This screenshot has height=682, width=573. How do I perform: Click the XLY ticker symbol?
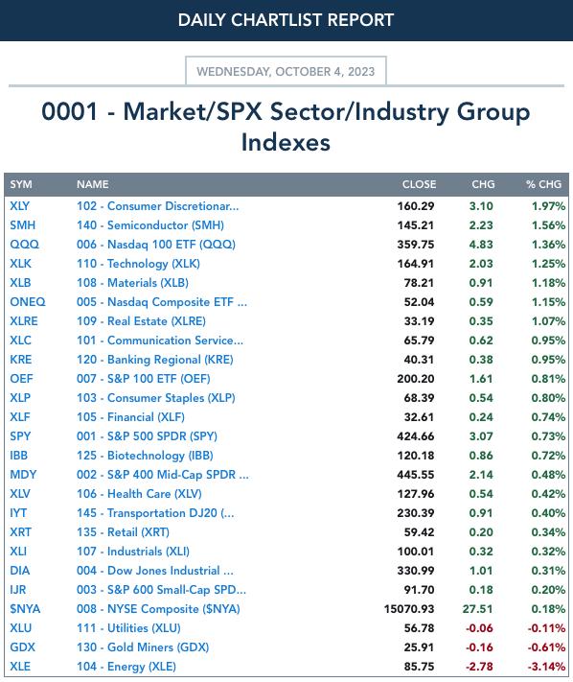pyautogui.click(x=19, y=205)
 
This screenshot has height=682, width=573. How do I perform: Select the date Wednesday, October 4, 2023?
pyautogui.click(x=286, y=71)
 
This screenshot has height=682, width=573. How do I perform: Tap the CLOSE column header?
pyautogui.click(x=419, y=184)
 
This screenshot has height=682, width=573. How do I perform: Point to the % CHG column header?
pyautogui.click(x=543, y=184)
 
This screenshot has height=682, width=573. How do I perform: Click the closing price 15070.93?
pyautogui.click(x=409, y=609)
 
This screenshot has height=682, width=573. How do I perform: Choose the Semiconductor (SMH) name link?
pyautogui.click(x=150, y=225)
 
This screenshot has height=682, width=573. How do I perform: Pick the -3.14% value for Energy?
pyautogui.click(x=546, y=667)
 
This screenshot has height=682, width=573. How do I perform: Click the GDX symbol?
pyautogui.click(x=22, y=647)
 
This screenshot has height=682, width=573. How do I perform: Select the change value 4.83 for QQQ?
pyautogui.click(x=481, y=245)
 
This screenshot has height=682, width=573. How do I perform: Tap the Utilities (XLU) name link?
pyautogui.click(x=128, y=628)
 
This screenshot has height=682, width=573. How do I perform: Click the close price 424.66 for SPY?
pyautogui.click(x=415, y=436)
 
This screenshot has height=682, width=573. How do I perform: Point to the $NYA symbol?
pyautogui.click(x=25, y=609)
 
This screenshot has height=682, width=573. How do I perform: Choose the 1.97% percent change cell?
pyautogui.click(x=548, y=205)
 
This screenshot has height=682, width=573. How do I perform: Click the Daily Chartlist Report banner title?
pyautogui.click(x=286, y=20)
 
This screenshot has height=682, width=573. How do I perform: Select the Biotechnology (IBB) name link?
pyautogui.click(x=145, y=456)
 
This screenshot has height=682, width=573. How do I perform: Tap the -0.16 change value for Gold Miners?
pyautogui.click(x=479, y=647)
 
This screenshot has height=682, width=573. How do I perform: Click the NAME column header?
pyautogui.click(x=93, y=184)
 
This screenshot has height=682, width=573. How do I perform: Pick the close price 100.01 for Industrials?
pyautogui.click(x=415, y=552)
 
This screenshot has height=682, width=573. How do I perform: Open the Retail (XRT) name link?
pyautogui.click(x=123, y=532)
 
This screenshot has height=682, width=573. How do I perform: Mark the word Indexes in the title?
pyautogui.click(x=286, y=142)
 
